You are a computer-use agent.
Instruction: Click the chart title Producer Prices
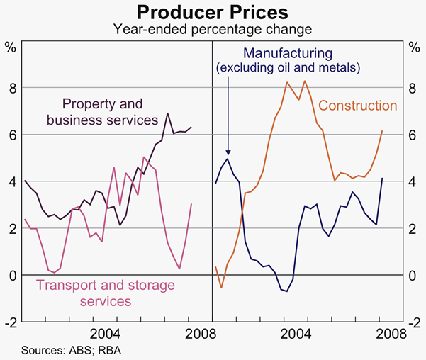pyautogui.click(x=213, y=12)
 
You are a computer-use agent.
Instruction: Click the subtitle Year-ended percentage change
pyautogui.click(x=213, y=29)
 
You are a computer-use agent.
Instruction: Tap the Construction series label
pyautogui.click(x=357, y=106)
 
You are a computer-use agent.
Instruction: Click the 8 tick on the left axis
pyautogui.click(x=11, y=88)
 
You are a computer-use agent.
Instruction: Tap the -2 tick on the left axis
pyautogui.click(x=9, y=322)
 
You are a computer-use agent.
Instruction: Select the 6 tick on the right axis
pyautogui.click(x=415, y=135)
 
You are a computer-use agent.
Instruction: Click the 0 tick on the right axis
pyautogui.click(x=415, y=275)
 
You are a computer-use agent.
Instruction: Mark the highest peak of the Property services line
pyautogui.click(x=167, y=113)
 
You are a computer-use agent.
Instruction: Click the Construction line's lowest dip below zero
pyautogui.click(x=221, y=288)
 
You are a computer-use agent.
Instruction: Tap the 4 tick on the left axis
pyautogui.click(x=11, y=181)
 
